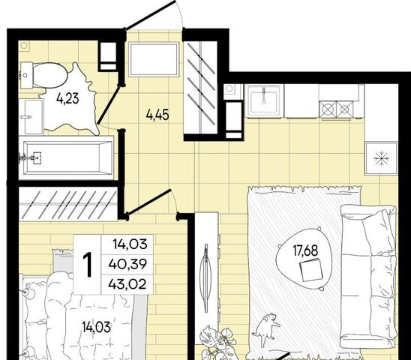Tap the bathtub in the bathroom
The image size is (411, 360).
click(x=68, y=157)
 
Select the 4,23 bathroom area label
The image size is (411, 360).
click(x=67, y=99)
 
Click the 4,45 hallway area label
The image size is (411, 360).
click(x=157, y=115)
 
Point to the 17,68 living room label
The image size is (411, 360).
click(x=305, y=250)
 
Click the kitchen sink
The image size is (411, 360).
click(x=264, y=100)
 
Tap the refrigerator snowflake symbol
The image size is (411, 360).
click(x=380, y=158)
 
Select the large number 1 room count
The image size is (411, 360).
click(x=87, y=264)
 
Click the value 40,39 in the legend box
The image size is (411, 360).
click(x=127, y=264)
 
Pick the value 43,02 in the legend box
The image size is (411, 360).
click(x=127, y=284)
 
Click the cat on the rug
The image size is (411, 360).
click(x=265, y=328)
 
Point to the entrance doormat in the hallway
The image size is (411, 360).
click(x=154, y=59)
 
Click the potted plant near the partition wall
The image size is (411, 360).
click(x=217, y=342)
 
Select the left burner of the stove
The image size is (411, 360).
click(x=328, y=109)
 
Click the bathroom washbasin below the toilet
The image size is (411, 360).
click(x=31, y=117)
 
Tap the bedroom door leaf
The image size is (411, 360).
click(x=148, y=201)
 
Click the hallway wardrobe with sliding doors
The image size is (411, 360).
click(x=200, y=88)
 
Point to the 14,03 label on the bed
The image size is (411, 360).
click(x=96, y=328)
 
